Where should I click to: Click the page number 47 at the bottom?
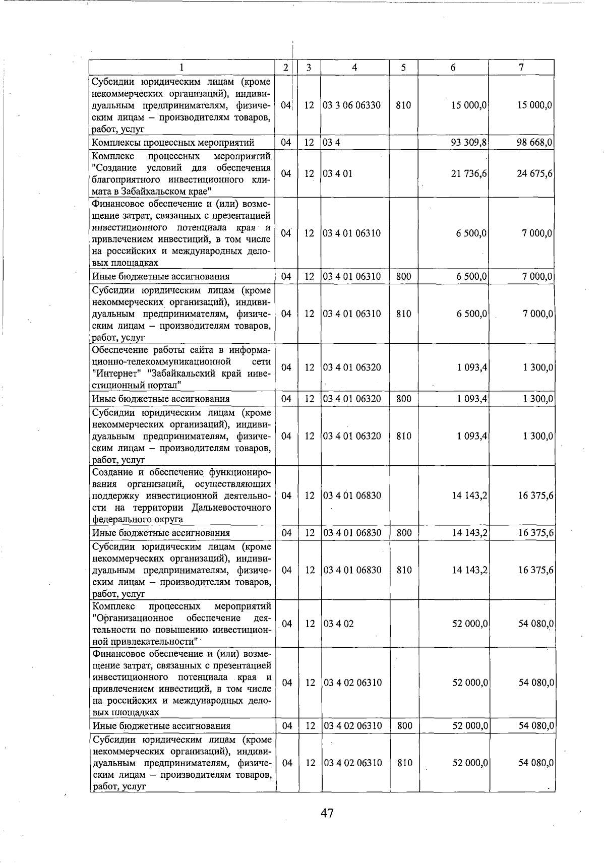coord(327,813)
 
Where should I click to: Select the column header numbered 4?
coord(355,68)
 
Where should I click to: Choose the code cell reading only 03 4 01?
coord(338,174)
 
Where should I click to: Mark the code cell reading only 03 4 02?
coord(338,624)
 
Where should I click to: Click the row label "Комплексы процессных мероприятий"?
coord(173,143)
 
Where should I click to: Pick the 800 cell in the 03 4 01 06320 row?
coord(403,399)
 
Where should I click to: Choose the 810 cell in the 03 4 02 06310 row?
coord(404,763)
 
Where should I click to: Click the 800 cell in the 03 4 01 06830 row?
coord(404,533)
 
